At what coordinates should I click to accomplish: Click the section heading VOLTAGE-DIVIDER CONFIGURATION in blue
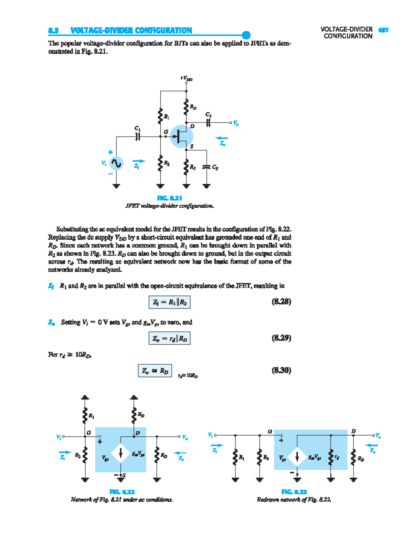coord(131,31)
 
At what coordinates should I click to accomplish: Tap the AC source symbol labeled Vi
coord(116,163)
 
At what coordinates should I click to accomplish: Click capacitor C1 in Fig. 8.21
coord(138,137)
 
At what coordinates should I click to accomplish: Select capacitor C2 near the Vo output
coord(209,122)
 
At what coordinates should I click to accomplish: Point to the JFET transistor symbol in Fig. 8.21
coord(181,137)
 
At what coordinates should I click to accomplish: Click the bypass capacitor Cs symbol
coord(206,167)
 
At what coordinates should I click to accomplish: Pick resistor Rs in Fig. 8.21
coord(186,167)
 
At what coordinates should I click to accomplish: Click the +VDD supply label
coord(186,78)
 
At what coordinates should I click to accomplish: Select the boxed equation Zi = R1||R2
coord(169,302)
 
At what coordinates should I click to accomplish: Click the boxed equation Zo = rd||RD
coord(169,338)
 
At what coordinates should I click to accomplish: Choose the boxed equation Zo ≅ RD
coord(155,371)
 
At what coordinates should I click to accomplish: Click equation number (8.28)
coord(281,302)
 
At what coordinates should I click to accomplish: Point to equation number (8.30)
coord(281,370)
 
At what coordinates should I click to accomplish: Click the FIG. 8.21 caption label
coord(169,198)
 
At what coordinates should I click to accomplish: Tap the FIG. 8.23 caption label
coord(294,492)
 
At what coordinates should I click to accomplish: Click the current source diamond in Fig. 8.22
coord(120,453)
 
